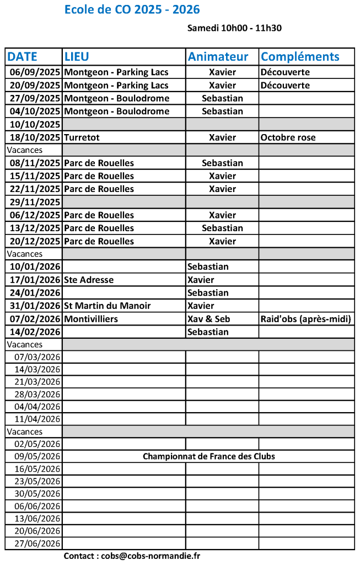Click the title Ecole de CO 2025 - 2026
tap(132, 10)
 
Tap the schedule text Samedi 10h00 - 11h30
tap(234, 28)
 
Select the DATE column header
tap(23, 56)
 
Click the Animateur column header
tap(222, 56)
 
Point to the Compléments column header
tap(299, 56)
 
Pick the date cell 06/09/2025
tap(35, 72)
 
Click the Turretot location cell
tap(82, 137)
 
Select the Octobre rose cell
tap(288, 137)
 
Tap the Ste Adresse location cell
tap(89, 280)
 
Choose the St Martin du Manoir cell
tap(107, 306)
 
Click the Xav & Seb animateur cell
tap(208, 319)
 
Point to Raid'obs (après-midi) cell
tap(305, 319)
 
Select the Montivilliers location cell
tap(91, 319)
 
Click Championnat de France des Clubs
tap(208, 456)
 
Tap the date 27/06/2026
tap(37, 543)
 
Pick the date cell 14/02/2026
tap(35, 332)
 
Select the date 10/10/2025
tap(35, 124)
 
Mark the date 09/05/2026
tap(37, 456)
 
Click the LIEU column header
tap(77, 56)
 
